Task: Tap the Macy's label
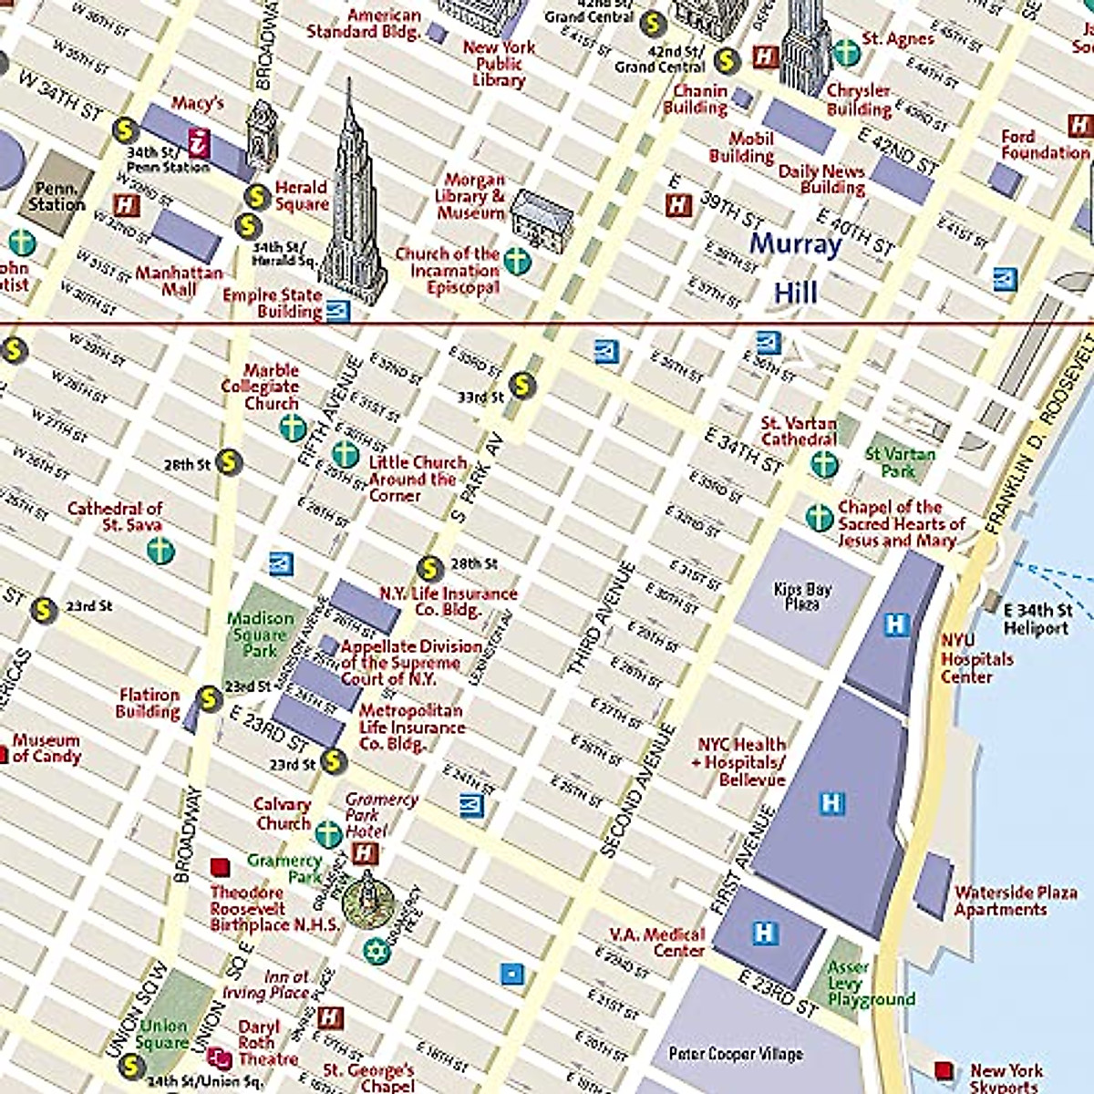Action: (197, 103)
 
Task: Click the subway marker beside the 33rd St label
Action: (521, 385)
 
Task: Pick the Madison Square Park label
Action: (260, 635)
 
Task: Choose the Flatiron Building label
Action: (149, 703)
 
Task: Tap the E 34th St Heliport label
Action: (1037, 619)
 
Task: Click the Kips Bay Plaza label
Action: (802, 596)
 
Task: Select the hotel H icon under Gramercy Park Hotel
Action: (365, 853)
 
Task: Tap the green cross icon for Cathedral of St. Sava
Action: (160, 550)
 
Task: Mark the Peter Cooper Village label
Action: (736, 1054)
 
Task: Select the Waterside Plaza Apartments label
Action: (1015, 901)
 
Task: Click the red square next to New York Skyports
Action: (944, 1069)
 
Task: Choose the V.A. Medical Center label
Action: (658, 943)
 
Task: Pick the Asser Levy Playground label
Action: (867, 984)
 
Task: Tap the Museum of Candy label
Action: (46, 748)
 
